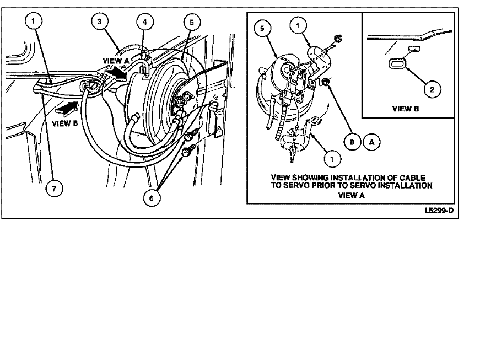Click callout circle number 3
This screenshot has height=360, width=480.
coord(99,22)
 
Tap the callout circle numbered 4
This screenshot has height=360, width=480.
coord(144,22)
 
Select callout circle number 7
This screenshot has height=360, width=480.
coord(54,188)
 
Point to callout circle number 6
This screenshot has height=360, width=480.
coord(152,198)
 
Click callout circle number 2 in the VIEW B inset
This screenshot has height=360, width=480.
coord(432,89)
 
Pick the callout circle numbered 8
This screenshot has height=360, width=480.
coord(352,142)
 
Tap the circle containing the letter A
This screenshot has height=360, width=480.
coord(371,142)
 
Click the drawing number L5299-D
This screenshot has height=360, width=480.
coord(439,211)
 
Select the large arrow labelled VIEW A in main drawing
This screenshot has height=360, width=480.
coord(116,73)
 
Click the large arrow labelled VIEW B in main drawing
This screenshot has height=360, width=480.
coord(66,109)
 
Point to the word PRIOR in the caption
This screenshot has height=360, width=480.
coord(323,185)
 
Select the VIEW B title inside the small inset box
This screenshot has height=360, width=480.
coord(406,109)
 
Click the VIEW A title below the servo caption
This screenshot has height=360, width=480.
coord(352,196)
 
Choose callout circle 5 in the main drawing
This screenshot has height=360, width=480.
coord(192,22)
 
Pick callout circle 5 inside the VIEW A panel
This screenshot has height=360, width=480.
coord(262,29)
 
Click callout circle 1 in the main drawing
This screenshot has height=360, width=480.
coord(33,21)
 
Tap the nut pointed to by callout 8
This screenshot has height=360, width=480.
coord(326,82)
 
